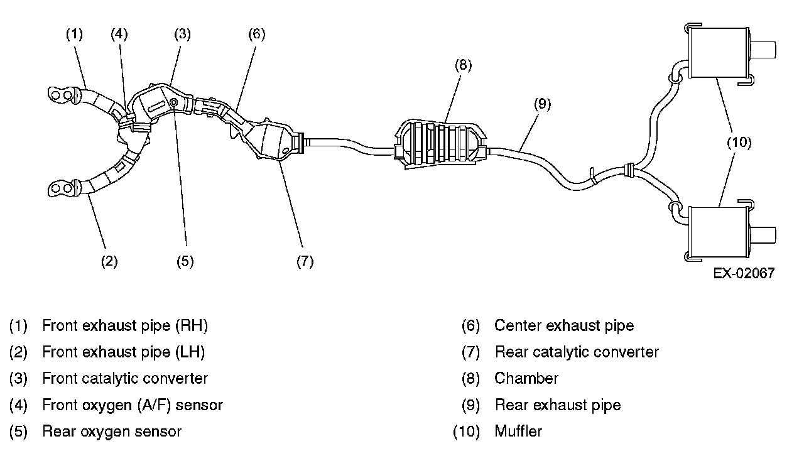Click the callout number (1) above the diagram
[75, 34]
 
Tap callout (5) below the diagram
[185, 261]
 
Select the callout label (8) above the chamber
[462, 65]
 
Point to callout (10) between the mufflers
[739, 143]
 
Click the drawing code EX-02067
[744, 273]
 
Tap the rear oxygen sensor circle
[174, 102]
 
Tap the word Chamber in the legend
[526, 378]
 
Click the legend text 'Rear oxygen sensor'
[112, 432]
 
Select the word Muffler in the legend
[518, 432]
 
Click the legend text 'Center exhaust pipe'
[564, 325]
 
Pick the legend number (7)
[470, 352]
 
